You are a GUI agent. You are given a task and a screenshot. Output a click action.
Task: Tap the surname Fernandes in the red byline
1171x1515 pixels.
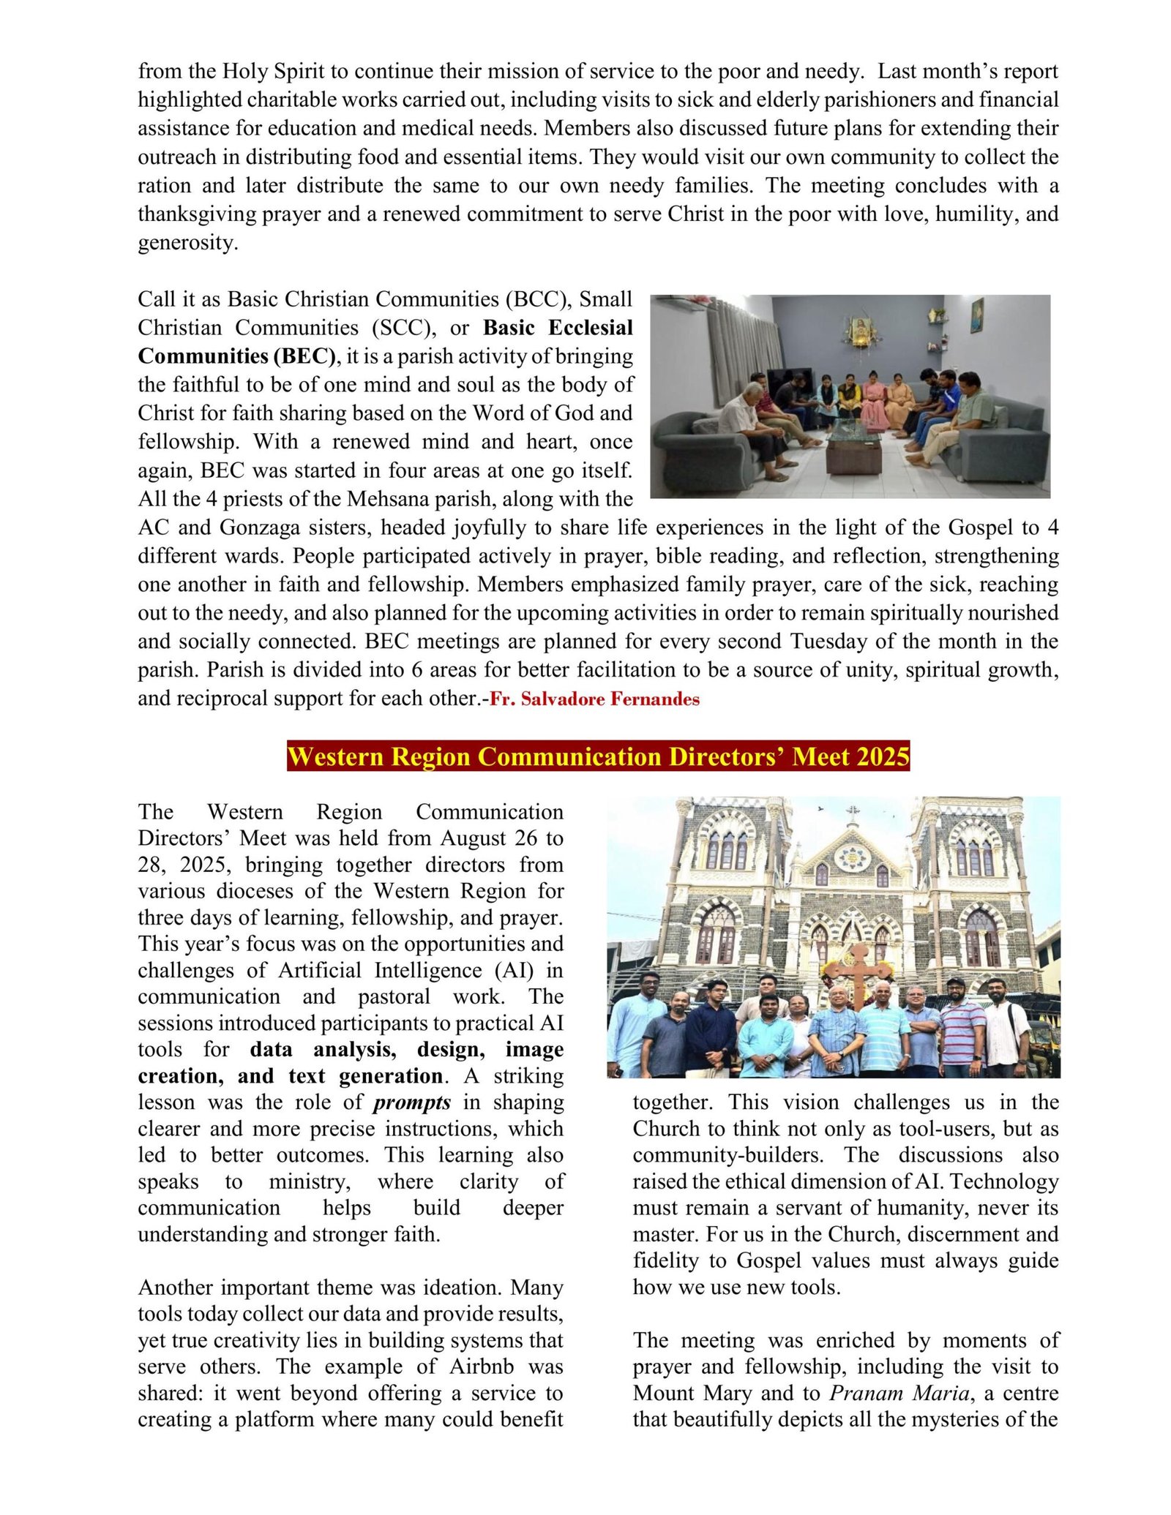coord(654,699)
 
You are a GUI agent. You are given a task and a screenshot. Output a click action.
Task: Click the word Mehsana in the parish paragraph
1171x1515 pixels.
coord(387,499)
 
